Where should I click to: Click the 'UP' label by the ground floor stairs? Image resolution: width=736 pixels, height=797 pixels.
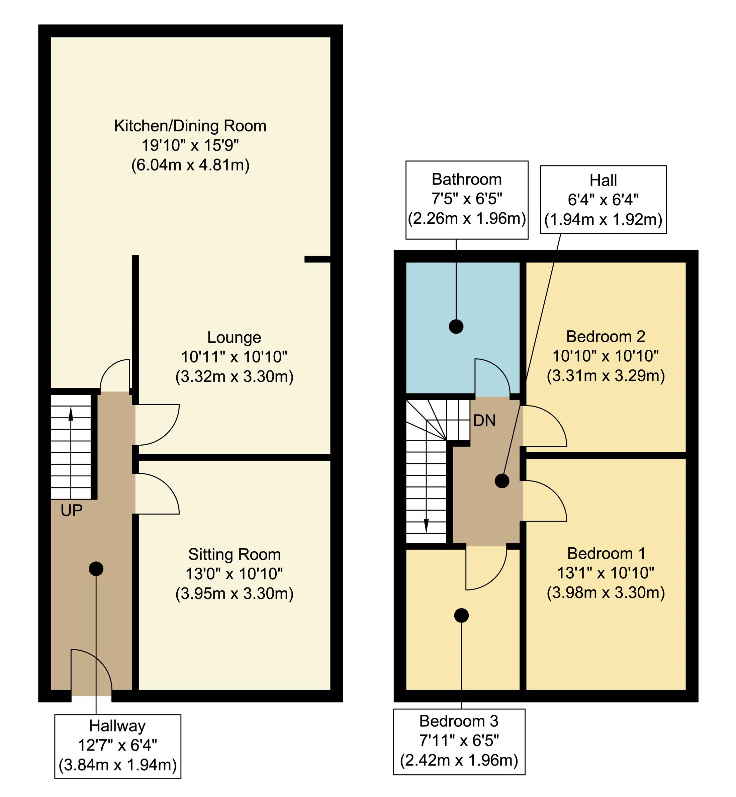point(72,510)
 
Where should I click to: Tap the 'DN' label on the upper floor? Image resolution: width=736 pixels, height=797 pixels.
point(484,421)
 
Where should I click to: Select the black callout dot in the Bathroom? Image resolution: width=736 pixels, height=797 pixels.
point(456,327)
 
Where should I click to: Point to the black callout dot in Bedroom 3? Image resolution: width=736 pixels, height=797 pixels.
point(461,615)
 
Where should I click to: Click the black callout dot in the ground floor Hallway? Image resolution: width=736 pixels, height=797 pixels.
point(96,569)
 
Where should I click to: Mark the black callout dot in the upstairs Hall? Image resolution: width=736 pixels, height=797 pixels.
point(502,481)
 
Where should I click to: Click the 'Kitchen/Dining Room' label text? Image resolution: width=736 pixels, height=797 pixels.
point(190,126)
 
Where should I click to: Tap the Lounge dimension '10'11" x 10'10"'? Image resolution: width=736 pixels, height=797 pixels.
point(234,357)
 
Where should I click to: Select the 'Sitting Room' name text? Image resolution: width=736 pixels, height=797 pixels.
point(234,554)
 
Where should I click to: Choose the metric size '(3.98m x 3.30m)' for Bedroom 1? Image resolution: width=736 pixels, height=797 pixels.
point(606,593)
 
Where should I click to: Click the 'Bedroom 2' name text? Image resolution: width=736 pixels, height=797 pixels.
point(606,337)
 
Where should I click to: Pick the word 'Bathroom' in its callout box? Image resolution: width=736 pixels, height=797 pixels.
point(466,180)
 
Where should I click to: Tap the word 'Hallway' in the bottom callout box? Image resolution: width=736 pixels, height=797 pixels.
point(117,726)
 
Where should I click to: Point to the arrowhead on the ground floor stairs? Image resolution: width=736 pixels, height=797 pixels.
point(71,415)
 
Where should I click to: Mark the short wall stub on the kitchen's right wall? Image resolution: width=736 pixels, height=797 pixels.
point(317,259)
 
